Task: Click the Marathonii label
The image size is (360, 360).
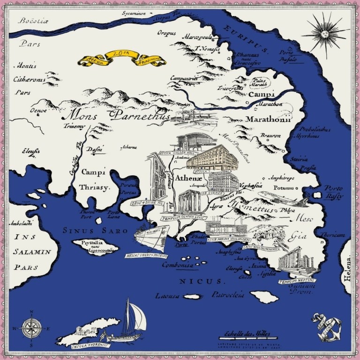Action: [268, 119]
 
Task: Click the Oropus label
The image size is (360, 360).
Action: [166, 33]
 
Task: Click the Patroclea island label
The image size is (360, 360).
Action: [228, 295]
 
